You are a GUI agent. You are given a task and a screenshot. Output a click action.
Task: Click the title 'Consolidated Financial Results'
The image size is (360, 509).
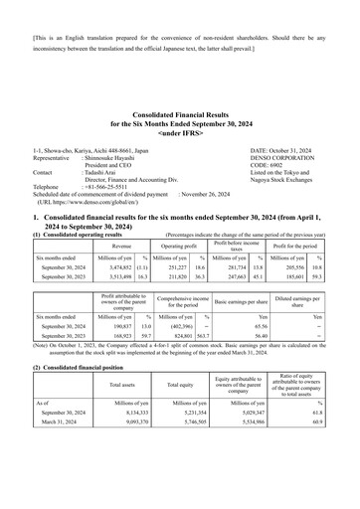pyautogui.click(x=179, y=116)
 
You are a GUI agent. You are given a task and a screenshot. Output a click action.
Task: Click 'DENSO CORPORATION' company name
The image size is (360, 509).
pyautogui.click(x=279, y=157)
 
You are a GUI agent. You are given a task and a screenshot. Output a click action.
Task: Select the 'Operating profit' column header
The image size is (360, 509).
pyautogui.click(x=178, y=244)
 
